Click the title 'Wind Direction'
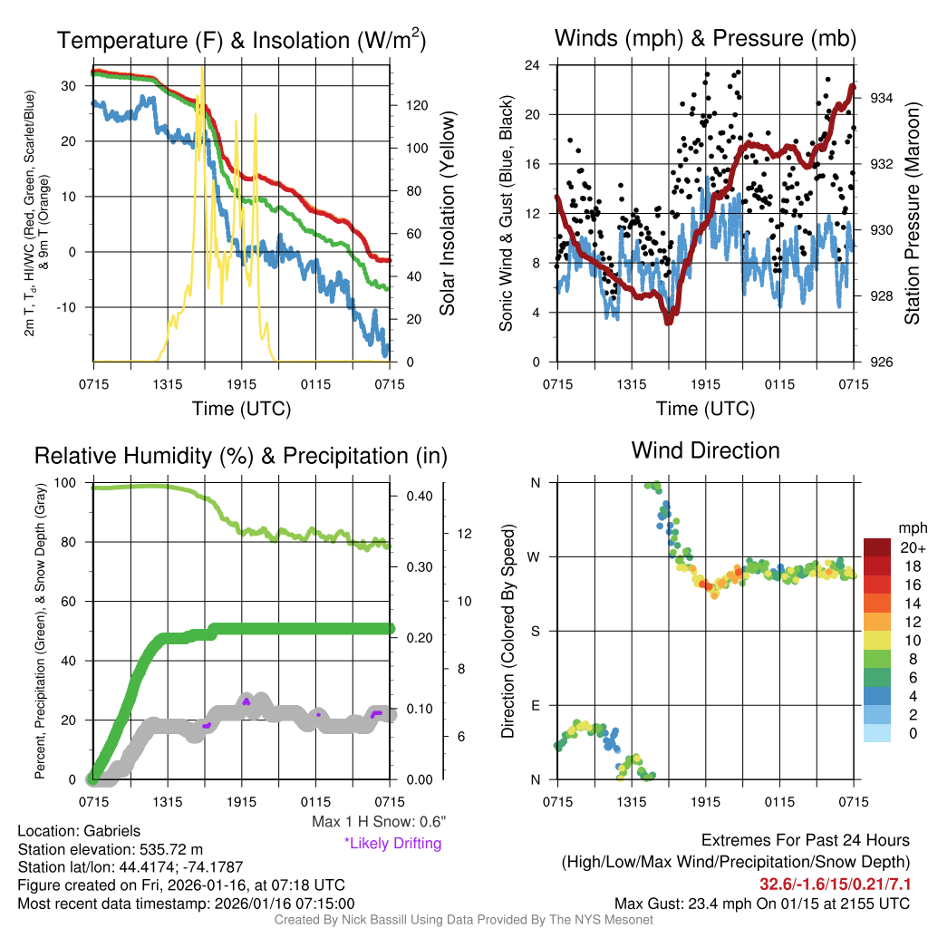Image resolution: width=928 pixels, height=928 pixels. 705,450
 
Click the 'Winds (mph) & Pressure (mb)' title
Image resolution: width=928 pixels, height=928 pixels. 705,38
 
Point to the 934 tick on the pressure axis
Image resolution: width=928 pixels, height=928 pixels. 884,98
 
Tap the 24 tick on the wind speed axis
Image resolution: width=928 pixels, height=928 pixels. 533,65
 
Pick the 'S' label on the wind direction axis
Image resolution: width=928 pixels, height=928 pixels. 535,631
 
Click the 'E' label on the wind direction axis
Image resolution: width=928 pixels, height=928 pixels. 535,705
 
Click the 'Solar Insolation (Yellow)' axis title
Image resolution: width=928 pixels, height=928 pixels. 448,214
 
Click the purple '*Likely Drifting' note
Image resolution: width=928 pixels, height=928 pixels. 392,844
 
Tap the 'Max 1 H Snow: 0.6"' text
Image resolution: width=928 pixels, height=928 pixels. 378,822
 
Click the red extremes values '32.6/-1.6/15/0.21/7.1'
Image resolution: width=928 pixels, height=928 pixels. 835,884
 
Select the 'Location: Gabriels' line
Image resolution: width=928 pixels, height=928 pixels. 78,830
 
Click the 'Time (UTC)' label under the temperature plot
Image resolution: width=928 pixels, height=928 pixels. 241,409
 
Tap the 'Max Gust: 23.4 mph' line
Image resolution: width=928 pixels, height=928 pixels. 761,903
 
